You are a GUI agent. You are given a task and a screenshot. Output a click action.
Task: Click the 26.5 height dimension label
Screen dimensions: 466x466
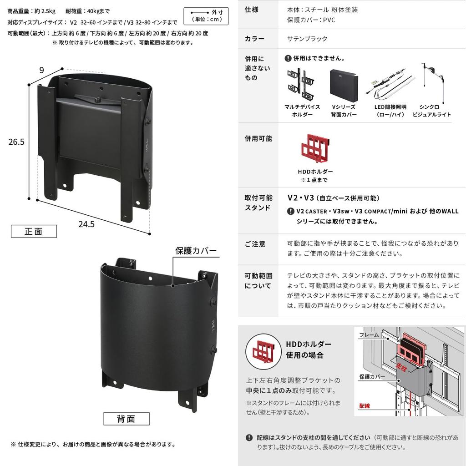[16, 142]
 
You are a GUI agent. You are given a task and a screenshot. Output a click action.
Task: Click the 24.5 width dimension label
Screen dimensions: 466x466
[86, 224]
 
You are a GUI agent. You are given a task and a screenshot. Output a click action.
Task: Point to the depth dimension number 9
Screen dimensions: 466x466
[41, 70]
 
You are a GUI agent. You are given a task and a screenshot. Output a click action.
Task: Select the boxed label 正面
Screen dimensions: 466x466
[34, 231]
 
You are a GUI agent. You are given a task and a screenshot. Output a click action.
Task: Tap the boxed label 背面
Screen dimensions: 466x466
[126, 418]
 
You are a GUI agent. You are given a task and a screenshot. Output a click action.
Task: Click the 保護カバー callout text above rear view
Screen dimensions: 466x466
[196, 251]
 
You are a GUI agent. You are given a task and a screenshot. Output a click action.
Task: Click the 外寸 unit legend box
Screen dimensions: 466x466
[206, 16]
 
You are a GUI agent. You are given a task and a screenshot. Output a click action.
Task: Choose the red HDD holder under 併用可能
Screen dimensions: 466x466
[315, 150]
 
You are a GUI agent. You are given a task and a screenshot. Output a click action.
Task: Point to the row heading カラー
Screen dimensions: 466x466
[254, 39]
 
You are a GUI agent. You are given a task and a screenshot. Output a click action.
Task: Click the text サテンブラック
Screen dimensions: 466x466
[307, 39]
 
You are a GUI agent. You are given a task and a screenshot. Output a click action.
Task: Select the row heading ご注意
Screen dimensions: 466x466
[255, 244]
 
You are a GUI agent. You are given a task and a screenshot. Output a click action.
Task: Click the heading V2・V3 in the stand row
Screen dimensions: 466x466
[301, 198]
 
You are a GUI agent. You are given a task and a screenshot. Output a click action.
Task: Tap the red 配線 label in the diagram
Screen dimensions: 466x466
[365, 405]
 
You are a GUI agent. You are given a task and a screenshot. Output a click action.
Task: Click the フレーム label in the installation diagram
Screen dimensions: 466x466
[369, 335]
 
